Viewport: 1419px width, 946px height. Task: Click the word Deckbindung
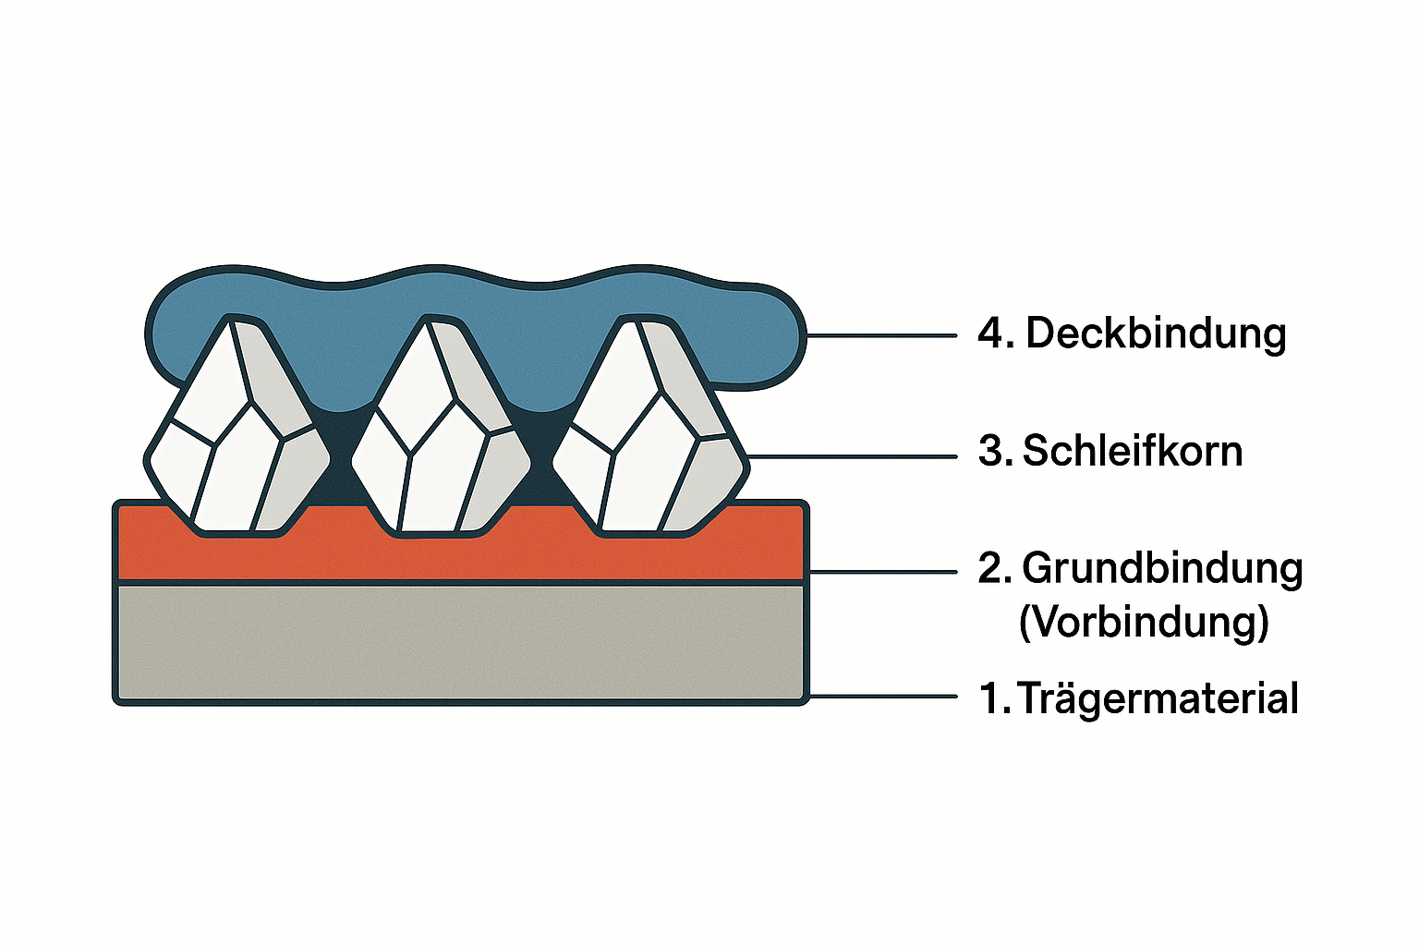tap(1156, 334)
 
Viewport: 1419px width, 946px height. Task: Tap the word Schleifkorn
tap(1133, 452)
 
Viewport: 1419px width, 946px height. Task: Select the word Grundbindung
tap(1162, 568)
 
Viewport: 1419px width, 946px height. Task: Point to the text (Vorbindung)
tap(1144, 622)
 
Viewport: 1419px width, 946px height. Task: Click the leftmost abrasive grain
tap(236, 430)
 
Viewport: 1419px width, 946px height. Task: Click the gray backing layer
tap(460, 643)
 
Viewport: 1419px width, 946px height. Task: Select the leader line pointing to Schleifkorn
tap(850, 456)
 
